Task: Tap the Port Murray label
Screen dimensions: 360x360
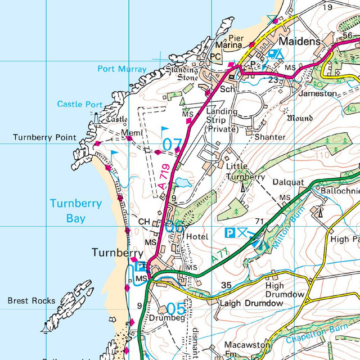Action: click(121, 69)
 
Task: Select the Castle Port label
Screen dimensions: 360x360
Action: click(80, 104)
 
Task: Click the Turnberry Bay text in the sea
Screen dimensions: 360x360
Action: click(76, 210)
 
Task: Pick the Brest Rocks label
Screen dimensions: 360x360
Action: click(31, 301)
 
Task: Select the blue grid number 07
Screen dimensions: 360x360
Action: click(172, 145)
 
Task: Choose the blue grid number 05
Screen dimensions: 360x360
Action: click(175, 309)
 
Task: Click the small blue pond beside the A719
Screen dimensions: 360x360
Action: click(182, 182)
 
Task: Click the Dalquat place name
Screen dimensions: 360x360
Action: click(288, 183)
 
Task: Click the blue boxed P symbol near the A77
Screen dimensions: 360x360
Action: click(229, 232)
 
